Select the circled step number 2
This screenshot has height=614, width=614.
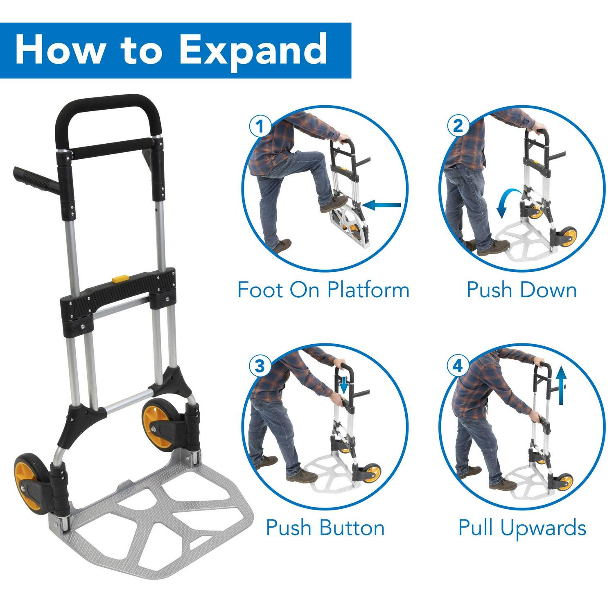pyautogui.click(x=458, y=125)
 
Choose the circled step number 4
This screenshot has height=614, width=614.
pyautogui.click(x=458, y=365)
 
